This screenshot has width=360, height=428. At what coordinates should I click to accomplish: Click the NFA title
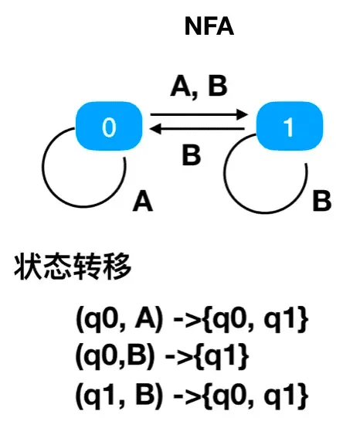pyautogui.click(x=209, y=26)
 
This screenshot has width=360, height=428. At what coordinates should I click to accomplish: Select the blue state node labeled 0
pyautogui.click(x=109, y=126)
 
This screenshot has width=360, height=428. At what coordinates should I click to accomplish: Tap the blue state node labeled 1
pyautogui.click(x=289, y=126)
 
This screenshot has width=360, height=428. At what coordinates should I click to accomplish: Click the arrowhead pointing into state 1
pyautogui.click(x=242, y=114)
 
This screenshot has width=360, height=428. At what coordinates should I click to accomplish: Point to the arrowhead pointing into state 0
pyautogui.click(x=155, y=128)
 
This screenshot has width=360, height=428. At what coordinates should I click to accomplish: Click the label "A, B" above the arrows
pyautogui.click(x=199, y=87)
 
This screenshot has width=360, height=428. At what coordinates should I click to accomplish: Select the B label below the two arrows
pyautogui.click(x=192, y=155)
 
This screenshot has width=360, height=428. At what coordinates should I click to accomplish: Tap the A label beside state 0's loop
pyautogui.click(x=142, y=201)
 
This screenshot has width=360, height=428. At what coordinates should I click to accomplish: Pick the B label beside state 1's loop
pyautogui.click(x=322, y=201)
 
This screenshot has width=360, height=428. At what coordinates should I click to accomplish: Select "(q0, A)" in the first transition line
pyautogui.click(x=119, y=319)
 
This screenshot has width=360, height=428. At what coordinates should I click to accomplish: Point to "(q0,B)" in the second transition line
pyautogui.click(x=115, y=356)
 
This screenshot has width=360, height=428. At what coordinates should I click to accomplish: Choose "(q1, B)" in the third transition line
pyautogui.click(x=119, y=396)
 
